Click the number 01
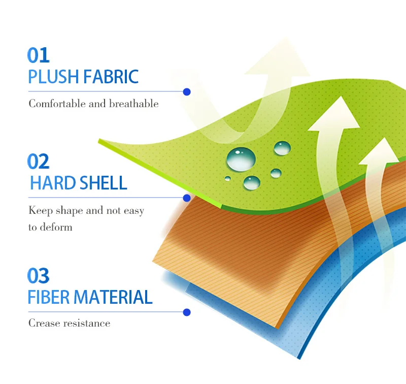[x=39, y=55]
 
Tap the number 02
[x=39, y=161]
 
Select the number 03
[x=39, y=275]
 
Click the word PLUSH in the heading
[x=53, y=77]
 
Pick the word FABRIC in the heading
[x=111, y=77]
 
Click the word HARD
[x=53, y=183]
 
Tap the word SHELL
[x=104, y=183]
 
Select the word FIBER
[x=49, y=297]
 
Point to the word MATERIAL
[x=113, y=297]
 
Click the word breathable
[x=134, y=104]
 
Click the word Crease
[x=44, y=323]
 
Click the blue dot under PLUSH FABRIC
[x=187, y=92]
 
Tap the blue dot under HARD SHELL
[x=187, y=198]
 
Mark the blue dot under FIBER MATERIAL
[x=187, y=312]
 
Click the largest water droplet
[x=241, y=159]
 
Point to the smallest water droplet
[x=227, y=178]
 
